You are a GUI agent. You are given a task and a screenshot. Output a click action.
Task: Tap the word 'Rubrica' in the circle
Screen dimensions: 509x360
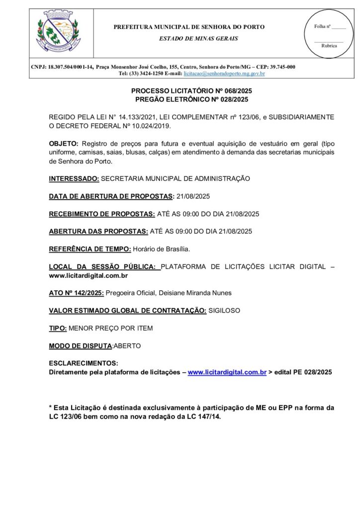coord(329,45)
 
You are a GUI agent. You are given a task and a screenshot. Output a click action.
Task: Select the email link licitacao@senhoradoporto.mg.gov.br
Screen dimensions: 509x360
coord(224,74)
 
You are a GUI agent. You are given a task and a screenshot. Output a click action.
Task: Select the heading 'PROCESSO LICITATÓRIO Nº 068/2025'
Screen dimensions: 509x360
coord(191,91)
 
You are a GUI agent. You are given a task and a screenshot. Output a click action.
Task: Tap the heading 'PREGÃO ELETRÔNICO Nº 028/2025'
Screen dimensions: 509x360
coord(191,99)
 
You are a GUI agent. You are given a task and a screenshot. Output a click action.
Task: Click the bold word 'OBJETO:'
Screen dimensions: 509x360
coord(62,143)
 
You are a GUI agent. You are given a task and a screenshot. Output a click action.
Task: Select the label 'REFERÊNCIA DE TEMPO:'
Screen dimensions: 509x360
coord(90,249)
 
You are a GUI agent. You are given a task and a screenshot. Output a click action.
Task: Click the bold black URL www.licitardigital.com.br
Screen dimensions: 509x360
coord(89,275)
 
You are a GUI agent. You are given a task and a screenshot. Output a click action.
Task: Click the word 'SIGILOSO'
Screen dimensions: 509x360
coord(224,311)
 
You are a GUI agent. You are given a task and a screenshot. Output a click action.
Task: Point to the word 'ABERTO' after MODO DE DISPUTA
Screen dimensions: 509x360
coord(127,346)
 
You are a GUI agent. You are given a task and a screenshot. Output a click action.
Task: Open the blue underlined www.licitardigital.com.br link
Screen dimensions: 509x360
coord(227,372)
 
